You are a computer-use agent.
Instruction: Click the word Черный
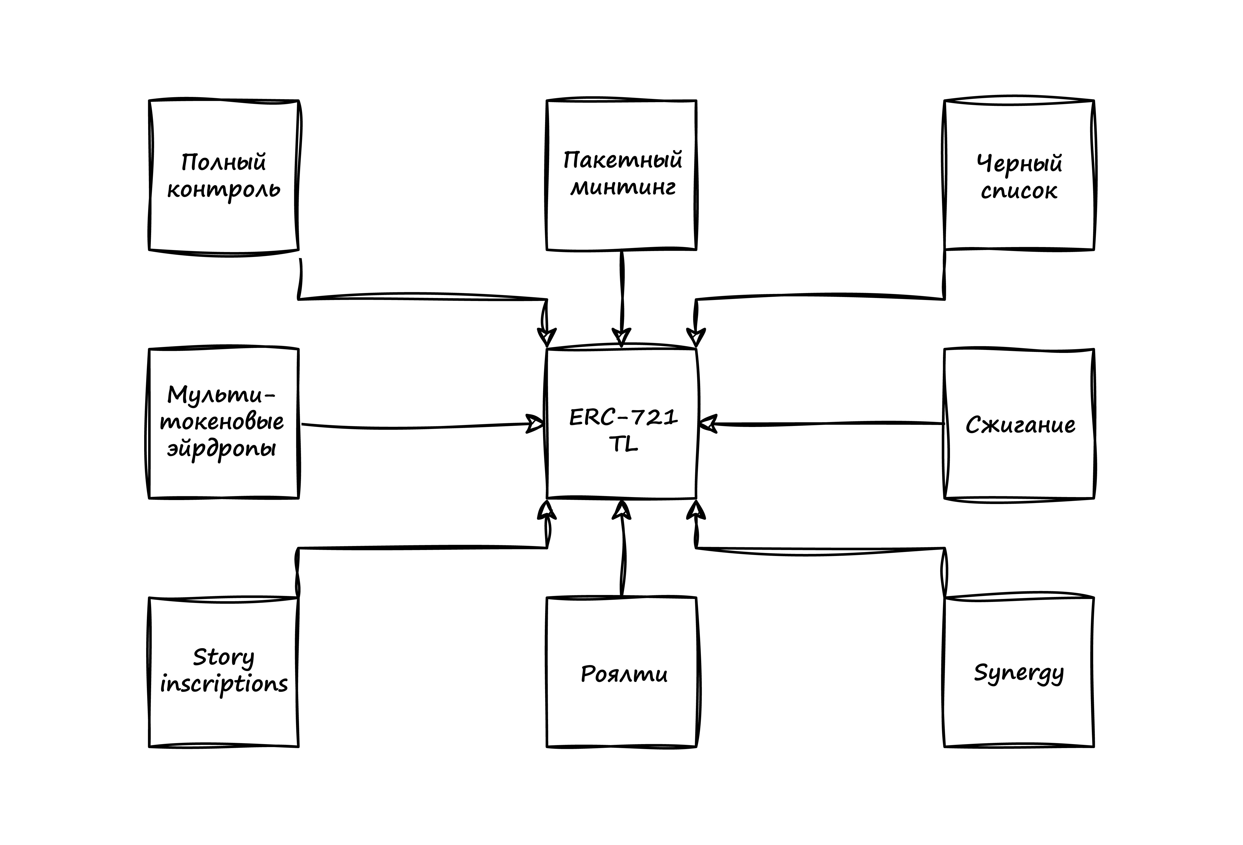pos(1019,163)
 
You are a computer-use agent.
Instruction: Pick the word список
pos(1019,191)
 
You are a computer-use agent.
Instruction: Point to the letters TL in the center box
pos(623,444)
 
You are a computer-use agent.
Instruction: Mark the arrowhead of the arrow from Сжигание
pos(707,424)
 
